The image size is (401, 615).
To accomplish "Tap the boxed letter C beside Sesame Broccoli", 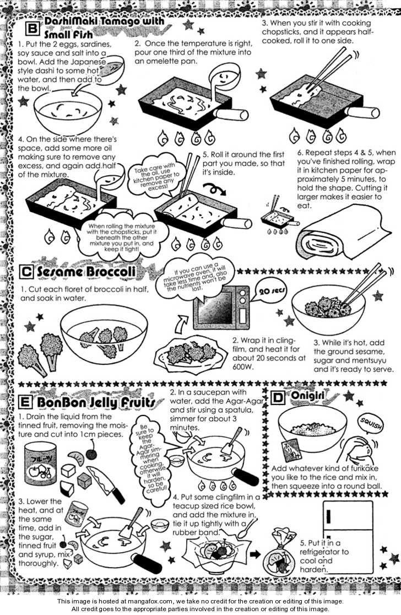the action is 26,272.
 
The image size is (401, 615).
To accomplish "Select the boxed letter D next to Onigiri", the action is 278,397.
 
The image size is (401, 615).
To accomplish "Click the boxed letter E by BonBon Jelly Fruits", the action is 25,402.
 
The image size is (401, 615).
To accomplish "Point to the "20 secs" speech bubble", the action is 272,292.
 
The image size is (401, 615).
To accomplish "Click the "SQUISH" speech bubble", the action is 371,424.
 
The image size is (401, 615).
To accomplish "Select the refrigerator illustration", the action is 346,536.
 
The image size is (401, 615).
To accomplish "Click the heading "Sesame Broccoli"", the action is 86,272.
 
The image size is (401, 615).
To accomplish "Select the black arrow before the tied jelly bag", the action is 255,554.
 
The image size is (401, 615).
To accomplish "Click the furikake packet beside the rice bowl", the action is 291,449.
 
